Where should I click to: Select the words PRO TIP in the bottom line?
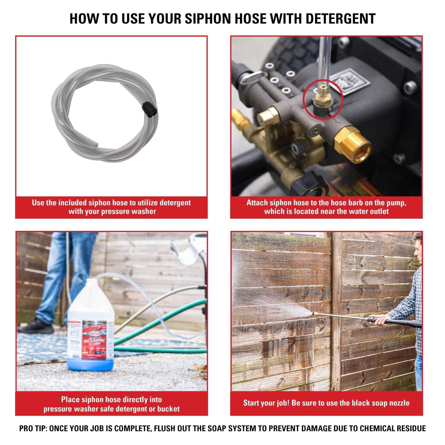tap(33, 428)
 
